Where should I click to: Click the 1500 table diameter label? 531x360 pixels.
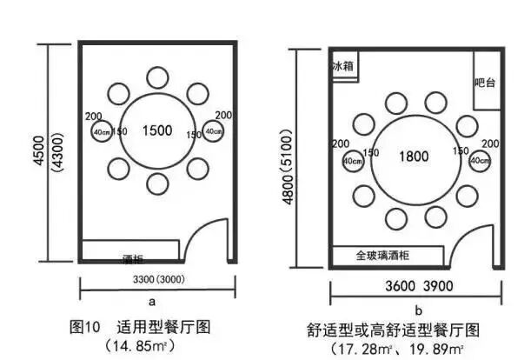[x=156, y=130]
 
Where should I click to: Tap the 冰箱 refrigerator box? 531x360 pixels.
[x=344, y=66]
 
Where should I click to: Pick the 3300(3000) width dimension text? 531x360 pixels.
[x=152, y=280]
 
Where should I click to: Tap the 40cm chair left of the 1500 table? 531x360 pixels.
[x=102, y=131]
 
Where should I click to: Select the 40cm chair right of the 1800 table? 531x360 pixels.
[x=479, y=161]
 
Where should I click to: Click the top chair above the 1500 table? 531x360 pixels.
[x=157, y=77]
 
